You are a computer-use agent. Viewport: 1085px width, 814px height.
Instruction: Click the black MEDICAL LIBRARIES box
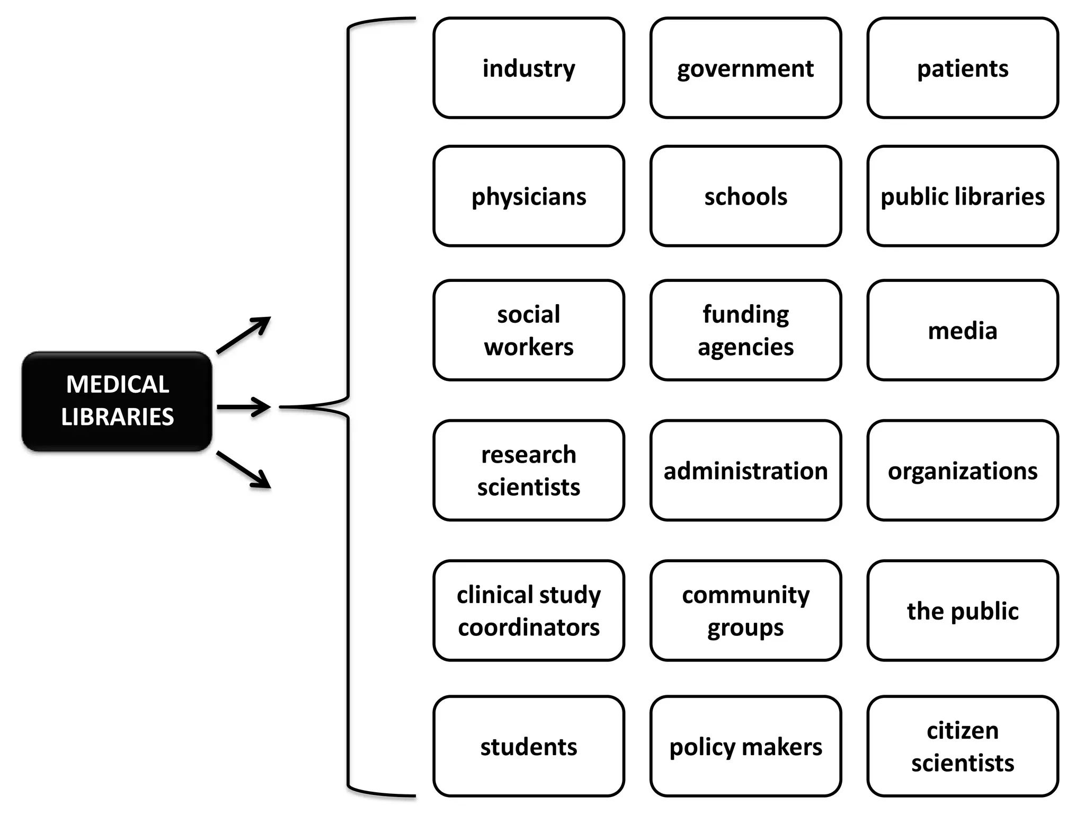(x=117, y=401)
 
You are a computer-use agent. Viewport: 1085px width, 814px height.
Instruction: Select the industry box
(x=529, y=68)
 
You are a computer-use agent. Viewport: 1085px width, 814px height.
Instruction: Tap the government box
(x=745, y=68)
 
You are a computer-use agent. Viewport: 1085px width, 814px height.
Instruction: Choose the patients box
(x=963, y=68)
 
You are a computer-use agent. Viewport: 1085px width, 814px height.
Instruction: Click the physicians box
(x=529, y=196)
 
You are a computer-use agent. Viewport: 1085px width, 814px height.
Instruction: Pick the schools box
(x=745, y=196)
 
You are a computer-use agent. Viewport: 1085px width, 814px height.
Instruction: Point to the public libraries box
(x=963, y=196)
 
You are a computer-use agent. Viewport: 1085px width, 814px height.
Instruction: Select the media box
(x=963, y=330)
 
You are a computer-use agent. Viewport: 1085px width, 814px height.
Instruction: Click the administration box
(x=745, y=471)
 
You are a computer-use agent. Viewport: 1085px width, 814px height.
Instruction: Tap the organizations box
(x=963, y=471)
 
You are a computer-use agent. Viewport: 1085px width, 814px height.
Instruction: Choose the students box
(x=529, y=746)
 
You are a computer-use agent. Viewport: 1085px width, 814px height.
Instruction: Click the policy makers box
(x=745, y=746)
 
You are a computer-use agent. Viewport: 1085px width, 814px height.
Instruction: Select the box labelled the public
(x=963, y=610)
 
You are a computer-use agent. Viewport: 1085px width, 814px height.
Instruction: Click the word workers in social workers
(x=529, y=347)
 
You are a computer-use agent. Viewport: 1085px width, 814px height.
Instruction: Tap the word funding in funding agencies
(x=745, y=314)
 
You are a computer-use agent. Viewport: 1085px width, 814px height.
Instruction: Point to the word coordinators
(x=529, y=627)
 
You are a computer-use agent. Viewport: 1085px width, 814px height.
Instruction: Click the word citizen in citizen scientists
(x=963, y=730)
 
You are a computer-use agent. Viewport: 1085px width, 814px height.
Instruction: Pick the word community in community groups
(x=745, y=595)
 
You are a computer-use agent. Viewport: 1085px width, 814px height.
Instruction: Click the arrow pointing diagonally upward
(x=244, y=335)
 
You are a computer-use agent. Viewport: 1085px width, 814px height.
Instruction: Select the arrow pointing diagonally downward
(x=244, y=470)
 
